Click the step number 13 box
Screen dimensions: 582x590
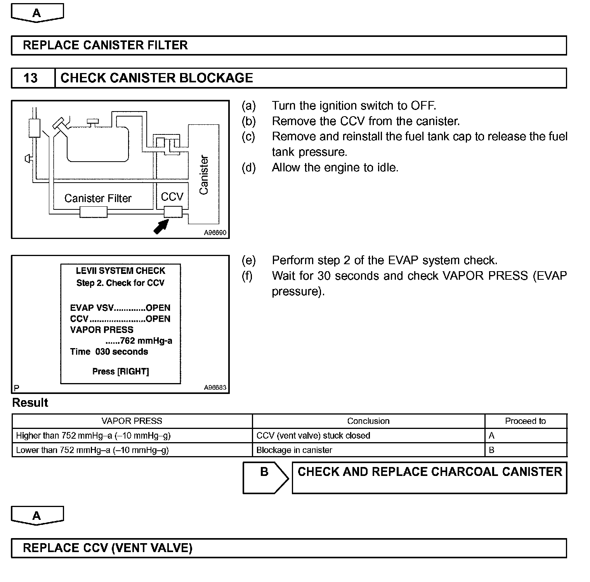click(x=31, y=78)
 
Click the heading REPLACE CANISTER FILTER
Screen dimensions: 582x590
click(x=105, y=45)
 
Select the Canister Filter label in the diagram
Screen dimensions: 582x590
click(x=98, y=199)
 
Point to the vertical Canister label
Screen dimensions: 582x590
click(x=204, y=175)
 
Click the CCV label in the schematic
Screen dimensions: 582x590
click(x=172, y=197)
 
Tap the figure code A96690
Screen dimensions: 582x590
click(x=215, y=233)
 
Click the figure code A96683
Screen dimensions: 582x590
click(x=215, y=387)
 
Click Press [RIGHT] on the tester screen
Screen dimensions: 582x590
click(x=120, y=371)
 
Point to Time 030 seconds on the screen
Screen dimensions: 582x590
click(x=109, y=352)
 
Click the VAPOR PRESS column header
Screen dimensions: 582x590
click(x=132, y=421)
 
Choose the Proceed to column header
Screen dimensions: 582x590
click(x=525, y=421)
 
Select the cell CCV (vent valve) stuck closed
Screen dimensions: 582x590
click(x=313, y=436)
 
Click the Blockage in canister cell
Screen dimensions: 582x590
click(x=294, y=450)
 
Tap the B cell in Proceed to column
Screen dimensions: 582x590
click(x=491, y=450)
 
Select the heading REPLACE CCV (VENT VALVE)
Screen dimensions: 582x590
click(x=108, y=548)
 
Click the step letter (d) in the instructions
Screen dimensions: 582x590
click(x=248, y=168)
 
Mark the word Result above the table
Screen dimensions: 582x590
click(x=30, y=403)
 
